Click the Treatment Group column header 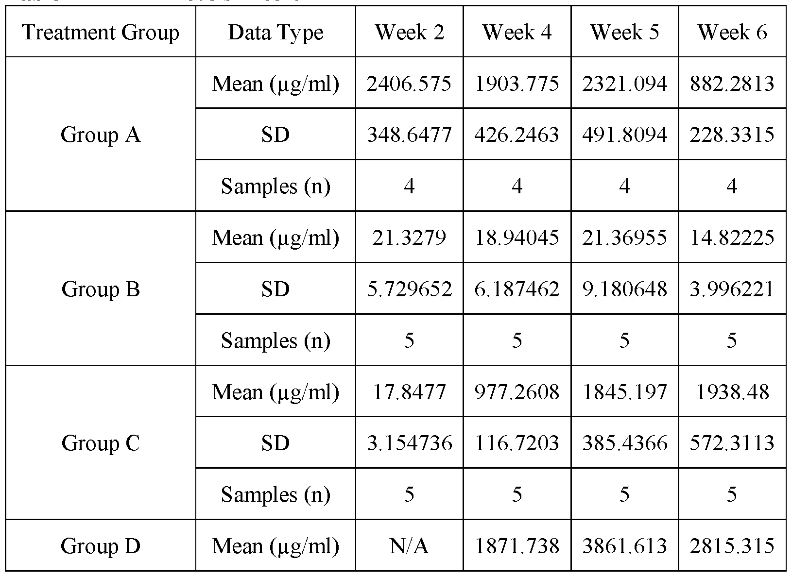click(x=101, y=33)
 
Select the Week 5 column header click(x=624, y=33)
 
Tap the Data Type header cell click(x=275, y=33)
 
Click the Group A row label click(x=101, y=135)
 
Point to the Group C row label click(x=101, y=443)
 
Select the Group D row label click(x=101, y=546)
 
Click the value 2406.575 click(x=409, y=84)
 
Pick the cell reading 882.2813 click(x=732, y=84)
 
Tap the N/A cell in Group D click(x=409, y=546)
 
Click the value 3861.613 click(x=624, y=546)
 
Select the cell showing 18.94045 click(x=517, y=238)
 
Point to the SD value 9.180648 click(x=624, y=289)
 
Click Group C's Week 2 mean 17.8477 click(x=409, y=391)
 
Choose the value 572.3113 click(x=732, y=443)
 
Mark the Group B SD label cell click(x=275, y=289)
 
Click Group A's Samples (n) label click(x=275, y=186)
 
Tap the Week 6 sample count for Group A click(x=732, y=186)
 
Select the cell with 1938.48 click(x=732, y=391)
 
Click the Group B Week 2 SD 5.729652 click(x=409, y=289)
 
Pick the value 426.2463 click(x=517, y=135)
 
